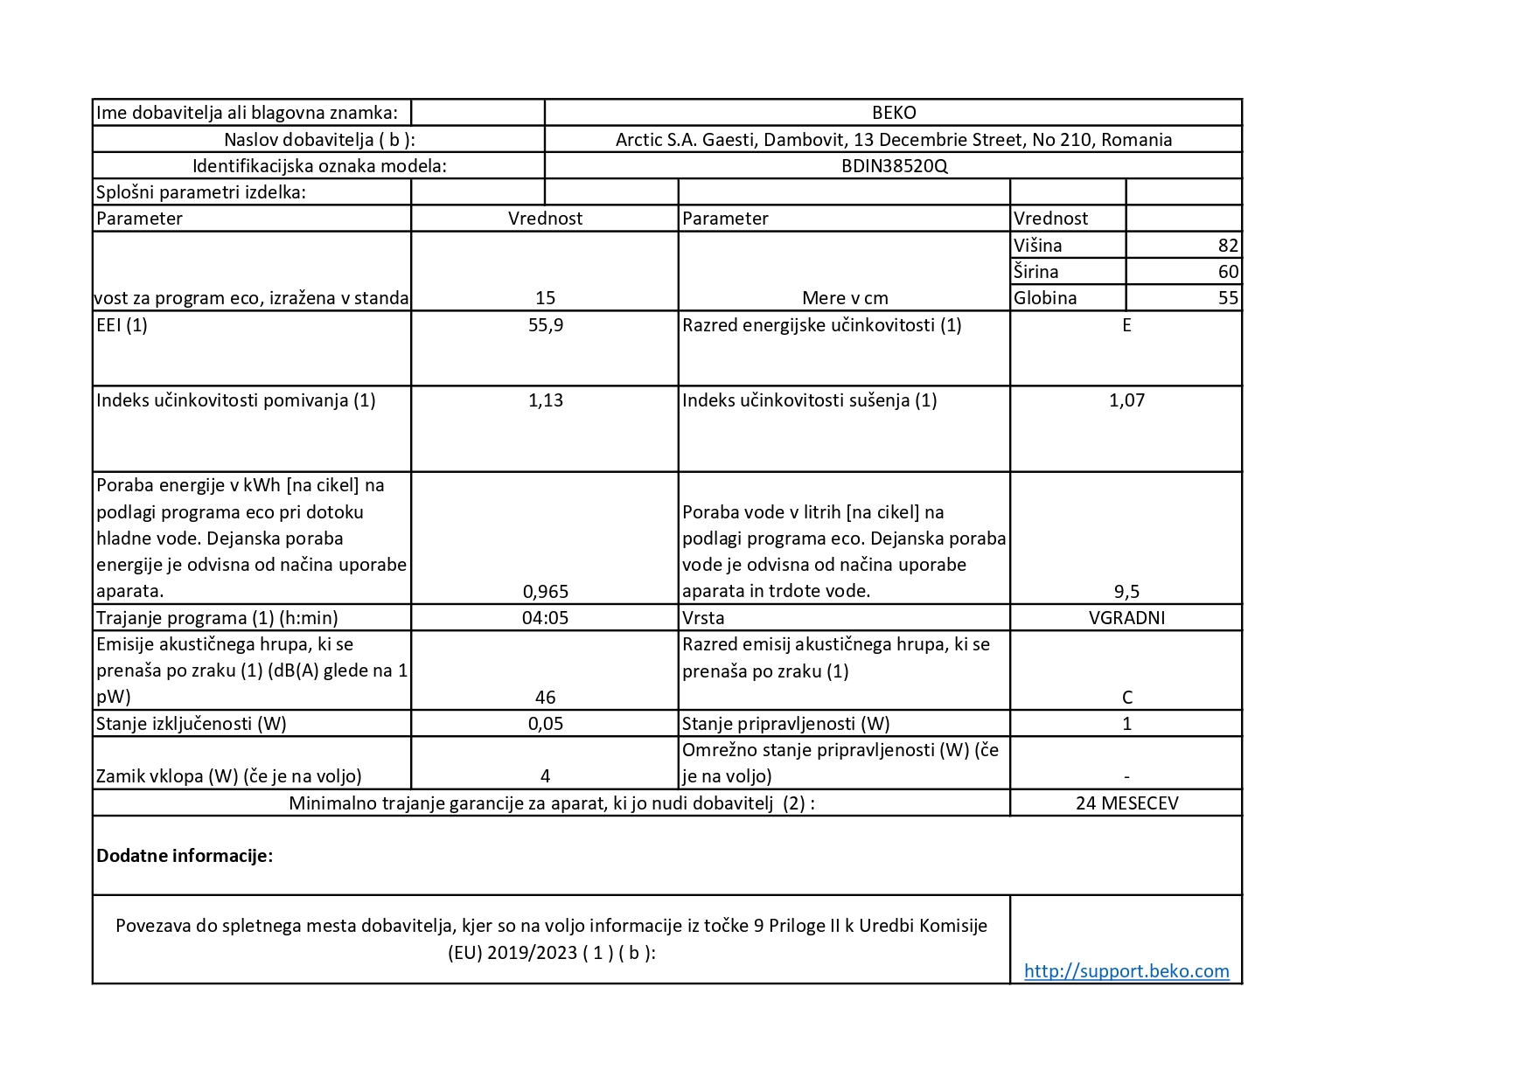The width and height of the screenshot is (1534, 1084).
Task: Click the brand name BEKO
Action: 893,113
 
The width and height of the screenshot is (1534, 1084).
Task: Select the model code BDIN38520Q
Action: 893,166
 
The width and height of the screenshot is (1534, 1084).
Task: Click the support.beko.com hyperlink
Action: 1126,970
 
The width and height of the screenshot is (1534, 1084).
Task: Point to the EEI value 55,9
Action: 545,325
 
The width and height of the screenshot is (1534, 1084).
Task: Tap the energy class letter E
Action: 1126,325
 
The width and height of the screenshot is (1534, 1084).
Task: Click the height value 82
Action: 1228,246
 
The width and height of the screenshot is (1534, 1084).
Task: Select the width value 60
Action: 1228,272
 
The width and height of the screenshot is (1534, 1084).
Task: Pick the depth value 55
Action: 1228,298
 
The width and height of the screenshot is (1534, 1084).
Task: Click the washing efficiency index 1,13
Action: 545,400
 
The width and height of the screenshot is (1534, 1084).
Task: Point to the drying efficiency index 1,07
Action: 1126,400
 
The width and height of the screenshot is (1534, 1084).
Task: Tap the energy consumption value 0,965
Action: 545,591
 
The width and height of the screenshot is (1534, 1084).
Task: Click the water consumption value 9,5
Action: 1126,591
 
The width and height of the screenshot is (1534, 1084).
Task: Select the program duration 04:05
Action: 545,618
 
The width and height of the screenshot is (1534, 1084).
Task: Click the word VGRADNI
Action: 1126,618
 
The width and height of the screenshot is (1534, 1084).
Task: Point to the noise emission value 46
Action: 545,698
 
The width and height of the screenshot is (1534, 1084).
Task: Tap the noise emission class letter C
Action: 1126,698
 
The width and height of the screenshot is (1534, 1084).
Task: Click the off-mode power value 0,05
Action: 545,724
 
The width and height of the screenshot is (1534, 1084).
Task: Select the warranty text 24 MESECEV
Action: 1126,803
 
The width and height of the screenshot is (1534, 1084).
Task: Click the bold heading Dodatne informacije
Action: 185,856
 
